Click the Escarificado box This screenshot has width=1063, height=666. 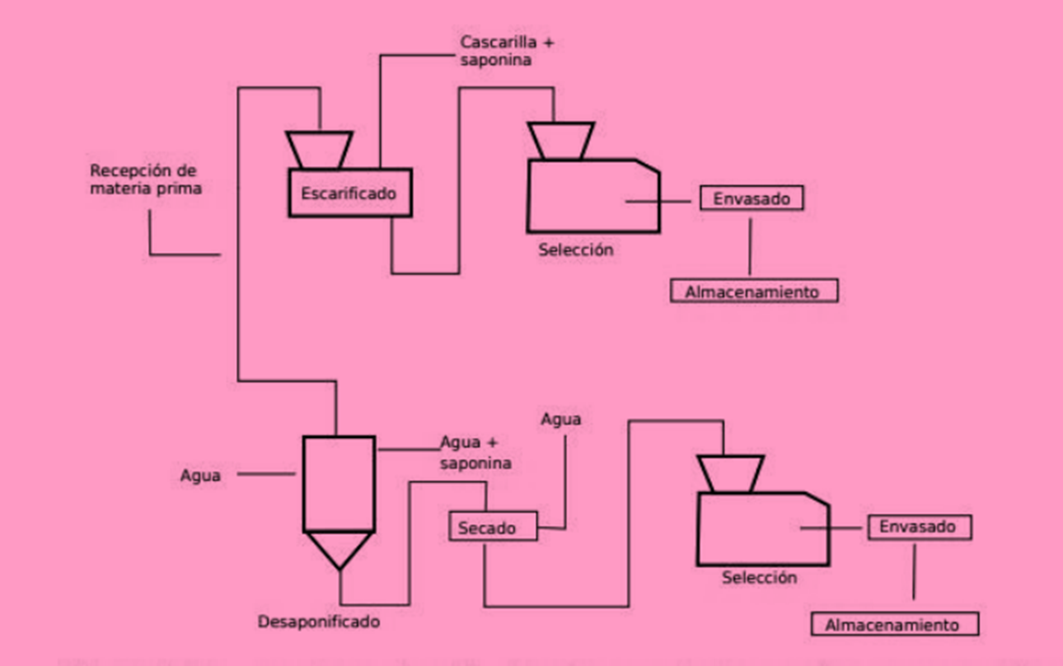349,193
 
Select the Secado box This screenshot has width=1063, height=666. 493,527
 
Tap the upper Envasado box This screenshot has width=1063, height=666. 752,198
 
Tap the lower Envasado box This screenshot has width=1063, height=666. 919,527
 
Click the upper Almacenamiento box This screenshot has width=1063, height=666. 753,291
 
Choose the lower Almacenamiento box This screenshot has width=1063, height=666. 894,624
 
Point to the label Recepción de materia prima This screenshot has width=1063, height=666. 145,179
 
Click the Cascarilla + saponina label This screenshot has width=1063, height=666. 506,50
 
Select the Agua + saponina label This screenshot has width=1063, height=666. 475,453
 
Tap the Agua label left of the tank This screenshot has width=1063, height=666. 200,475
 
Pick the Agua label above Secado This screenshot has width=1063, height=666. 560,419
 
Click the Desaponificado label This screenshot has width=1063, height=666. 319,622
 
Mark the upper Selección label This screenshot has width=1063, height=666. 576,249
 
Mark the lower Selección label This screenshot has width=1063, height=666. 759,577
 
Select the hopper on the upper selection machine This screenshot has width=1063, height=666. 560,141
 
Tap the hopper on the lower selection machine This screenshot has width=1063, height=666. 730,473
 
